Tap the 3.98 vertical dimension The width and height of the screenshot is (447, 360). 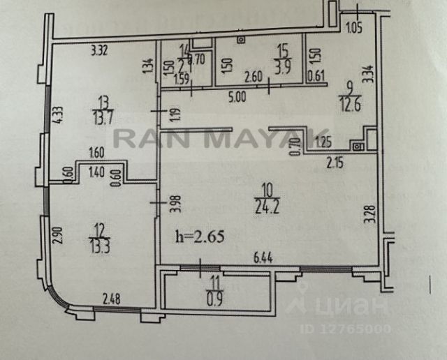pos(177,203)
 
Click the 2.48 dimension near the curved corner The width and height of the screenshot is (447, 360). pos(110,301)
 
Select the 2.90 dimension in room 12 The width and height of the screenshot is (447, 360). pos(59,235)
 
